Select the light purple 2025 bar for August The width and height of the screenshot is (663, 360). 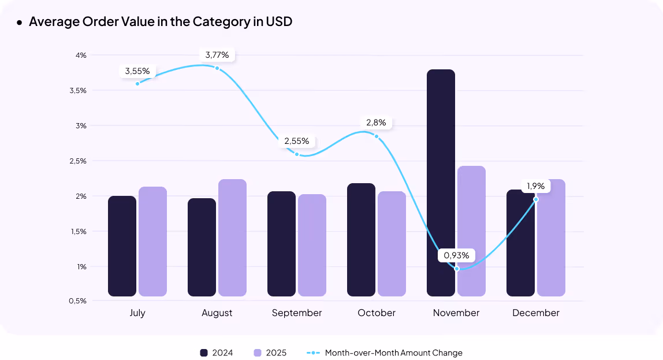tap(232, 237)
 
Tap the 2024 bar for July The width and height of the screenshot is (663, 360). tap(122, 246)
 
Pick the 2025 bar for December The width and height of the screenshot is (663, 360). tap(551, 237)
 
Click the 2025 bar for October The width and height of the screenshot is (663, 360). tap(392, 244)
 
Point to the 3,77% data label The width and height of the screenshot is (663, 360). tap(217, 55)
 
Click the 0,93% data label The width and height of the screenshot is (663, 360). tap(456, 255)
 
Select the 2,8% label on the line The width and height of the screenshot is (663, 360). tap(376, 123)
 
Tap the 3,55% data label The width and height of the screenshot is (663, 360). tap(137, 71)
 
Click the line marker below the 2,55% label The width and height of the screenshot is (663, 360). tap(297, 154)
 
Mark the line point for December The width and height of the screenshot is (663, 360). tap(536, 199)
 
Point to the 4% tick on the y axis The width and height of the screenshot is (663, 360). tap(80, 55)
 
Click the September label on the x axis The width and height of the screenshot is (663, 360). tap(297, 313)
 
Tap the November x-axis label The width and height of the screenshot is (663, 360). tap(456, 313)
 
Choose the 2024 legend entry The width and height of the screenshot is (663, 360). tap(217, 352)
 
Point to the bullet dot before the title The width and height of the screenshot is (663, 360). tap(20, 23)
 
